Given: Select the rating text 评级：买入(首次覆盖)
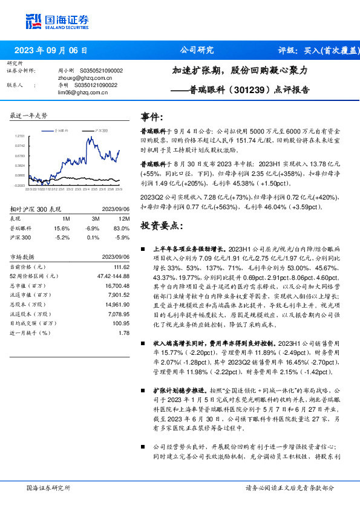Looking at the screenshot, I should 318,50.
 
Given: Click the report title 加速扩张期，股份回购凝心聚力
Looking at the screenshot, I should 240,70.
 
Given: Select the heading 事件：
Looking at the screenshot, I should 152,116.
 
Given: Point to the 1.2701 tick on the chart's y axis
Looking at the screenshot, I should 19,137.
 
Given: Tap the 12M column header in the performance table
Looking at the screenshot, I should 125,218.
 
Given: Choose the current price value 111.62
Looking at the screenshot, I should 122,267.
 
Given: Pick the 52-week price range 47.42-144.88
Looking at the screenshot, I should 114,276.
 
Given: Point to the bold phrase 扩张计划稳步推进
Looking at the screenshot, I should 179,391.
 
